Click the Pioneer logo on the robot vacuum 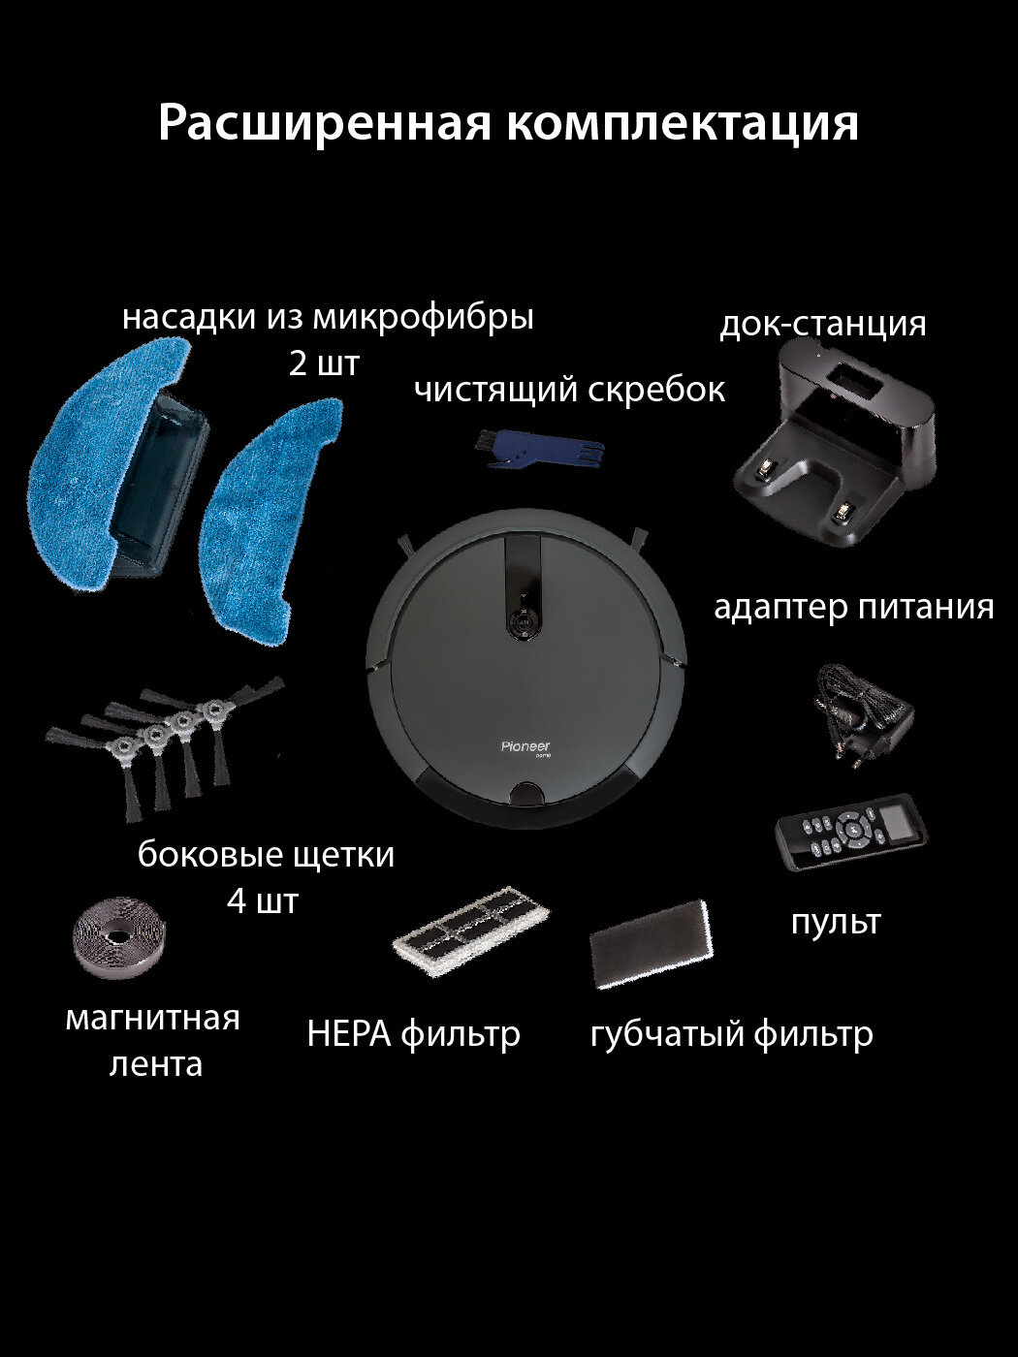point(525,746)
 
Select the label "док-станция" point(822,323)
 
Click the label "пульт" point(836,921)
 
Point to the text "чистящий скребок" point(569,390)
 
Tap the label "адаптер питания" point(853,607)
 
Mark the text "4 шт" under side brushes point(262,901)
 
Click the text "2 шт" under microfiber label point(324,363)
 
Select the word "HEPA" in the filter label point(348,1034)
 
